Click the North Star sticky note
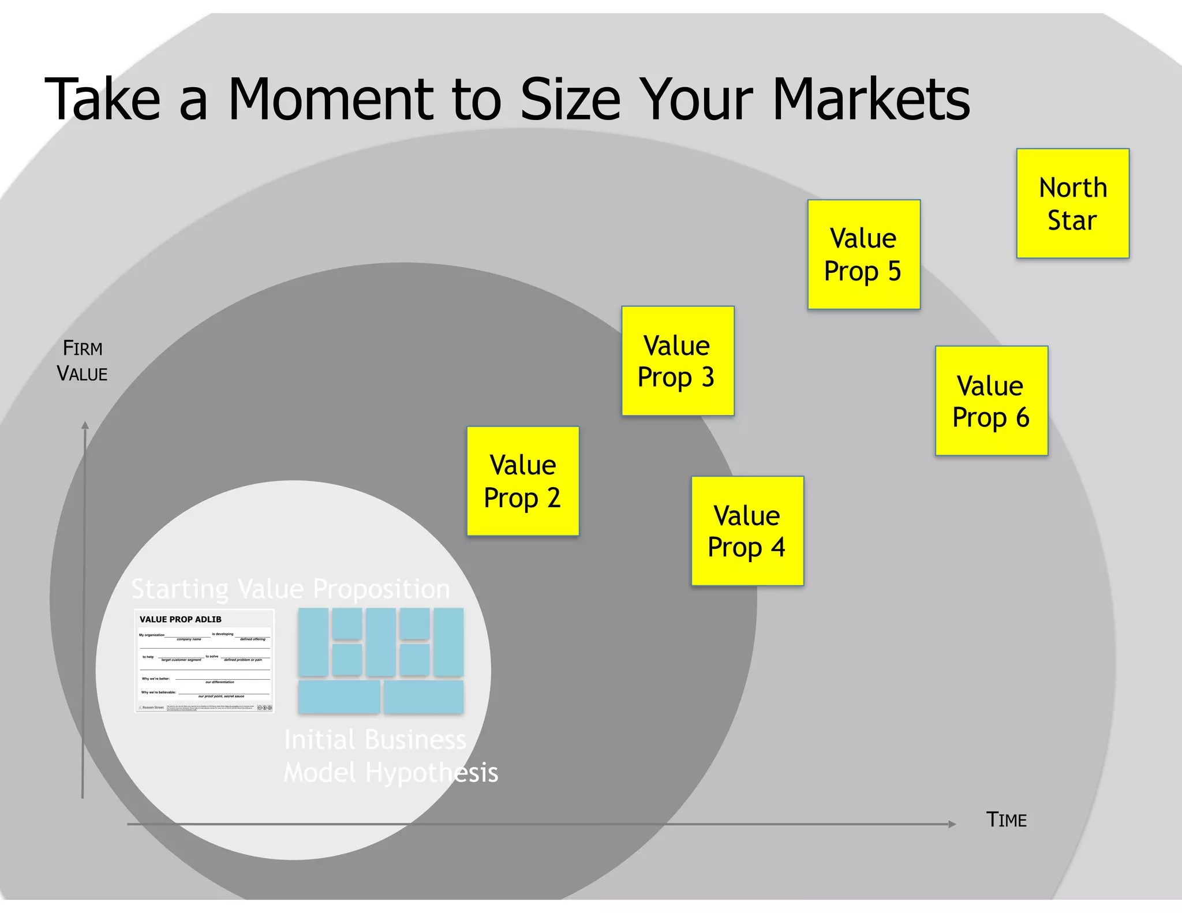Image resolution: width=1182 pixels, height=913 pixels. pyautogui.click(x=1072, y=203)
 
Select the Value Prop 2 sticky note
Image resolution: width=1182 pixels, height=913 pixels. pyautogui.click(x=523, y=481)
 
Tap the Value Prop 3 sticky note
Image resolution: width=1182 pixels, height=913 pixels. pyautogui.click(x=678, y=361)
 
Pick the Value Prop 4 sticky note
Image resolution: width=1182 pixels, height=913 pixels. pyautogui.click(x=747, y=531)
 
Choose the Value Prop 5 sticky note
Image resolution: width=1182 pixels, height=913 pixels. pyautogui.click(x=863, y=255)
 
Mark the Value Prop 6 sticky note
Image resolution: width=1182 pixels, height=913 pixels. pyautogui.click(x=991, y=401)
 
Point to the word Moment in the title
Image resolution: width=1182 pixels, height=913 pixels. pyautogui.click(x=330, y=99)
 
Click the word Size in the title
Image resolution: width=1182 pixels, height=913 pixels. pyautogui.click(x=570, y=99)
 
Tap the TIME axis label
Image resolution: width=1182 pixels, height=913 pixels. pyautogui.click(x=1006, y=820)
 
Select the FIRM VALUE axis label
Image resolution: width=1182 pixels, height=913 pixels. pyautogui.click(x=83, y=361)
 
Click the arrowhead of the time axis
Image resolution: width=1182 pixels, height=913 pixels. pyautogui.click(x=952, y=824)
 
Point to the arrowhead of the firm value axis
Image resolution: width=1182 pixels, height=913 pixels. pyautogui.click(x=85, y=426)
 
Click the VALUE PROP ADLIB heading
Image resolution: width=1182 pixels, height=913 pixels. pyautogui.click(x=181, y=619)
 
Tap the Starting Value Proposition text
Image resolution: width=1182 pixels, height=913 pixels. pyautogui.click(x=290, y=589)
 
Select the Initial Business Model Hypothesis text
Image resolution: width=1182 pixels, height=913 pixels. pyautogui.click(x=390, y=756)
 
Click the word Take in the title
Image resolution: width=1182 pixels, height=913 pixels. pyautogui.click(x=102, y=99)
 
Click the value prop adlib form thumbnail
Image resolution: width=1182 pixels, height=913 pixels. pyautogui.click(x=204, y=661)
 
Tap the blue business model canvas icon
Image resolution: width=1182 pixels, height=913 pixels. pyautogui.click(x=381, y=661)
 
